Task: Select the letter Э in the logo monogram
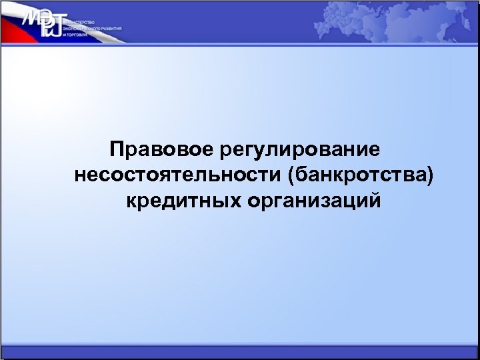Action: click(x=47, y=17)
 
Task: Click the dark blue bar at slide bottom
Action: click(x=240, y=353)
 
